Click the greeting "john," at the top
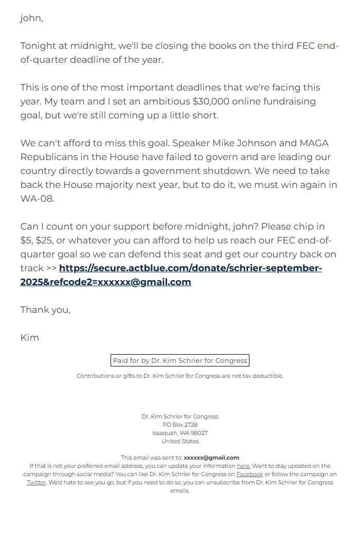(31, 19)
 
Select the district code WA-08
(37, 199)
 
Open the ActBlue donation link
(190, 268)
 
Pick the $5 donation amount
(26, 240)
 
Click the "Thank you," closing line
(45, 310)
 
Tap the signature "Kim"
(30, 338)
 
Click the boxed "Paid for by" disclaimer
(180, 360)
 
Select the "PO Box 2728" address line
(180, 425)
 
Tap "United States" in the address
(180, 441)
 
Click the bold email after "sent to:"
(211, 458)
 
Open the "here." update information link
(243, 466)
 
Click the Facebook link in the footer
(249, 474)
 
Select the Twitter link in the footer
(37, 482)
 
